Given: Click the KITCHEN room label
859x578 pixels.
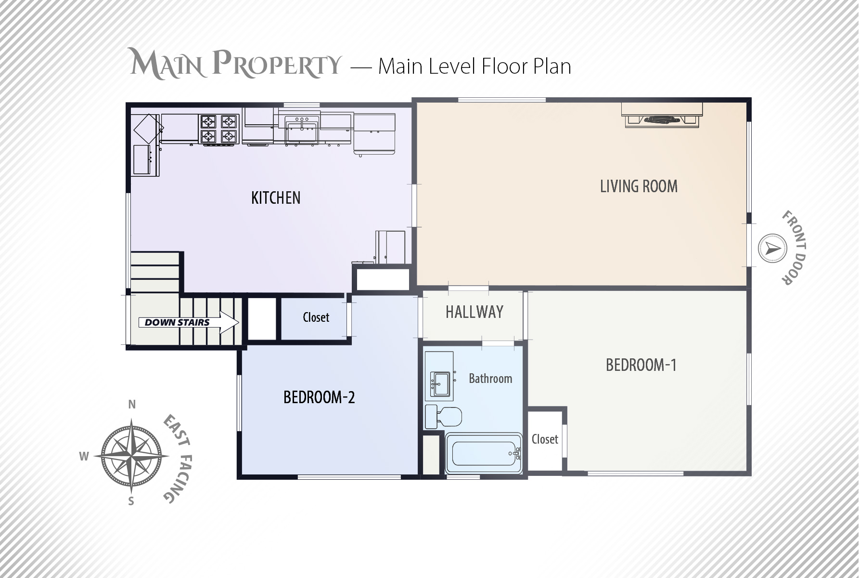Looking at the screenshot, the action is [276, 198].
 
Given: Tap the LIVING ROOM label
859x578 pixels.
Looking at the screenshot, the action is [639, 186].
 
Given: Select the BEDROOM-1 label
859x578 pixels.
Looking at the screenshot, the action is [641, 365].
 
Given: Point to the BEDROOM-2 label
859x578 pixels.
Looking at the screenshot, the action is [319, 397].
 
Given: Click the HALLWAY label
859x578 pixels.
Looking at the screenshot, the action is [474, 312].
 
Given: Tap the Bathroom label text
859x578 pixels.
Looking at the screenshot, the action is [490, 379].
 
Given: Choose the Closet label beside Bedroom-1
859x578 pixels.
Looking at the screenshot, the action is [545, 439].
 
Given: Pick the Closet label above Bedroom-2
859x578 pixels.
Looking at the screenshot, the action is [316, 317].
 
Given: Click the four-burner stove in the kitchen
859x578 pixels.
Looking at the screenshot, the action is [219, 129].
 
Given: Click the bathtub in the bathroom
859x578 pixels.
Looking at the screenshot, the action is [484, 454].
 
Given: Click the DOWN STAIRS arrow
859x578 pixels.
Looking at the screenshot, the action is [189, 322].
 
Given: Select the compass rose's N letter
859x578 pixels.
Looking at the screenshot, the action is [132, 405].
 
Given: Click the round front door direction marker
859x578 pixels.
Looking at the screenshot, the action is [772, 249].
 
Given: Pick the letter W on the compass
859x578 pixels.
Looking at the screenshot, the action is [84, 456].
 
